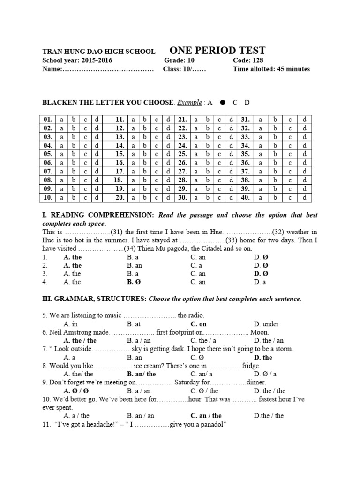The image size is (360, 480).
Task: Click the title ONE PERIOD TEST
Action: [x=217, y=51]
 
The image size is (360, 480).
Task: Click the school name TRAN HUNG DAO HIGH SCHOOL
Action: [x=99, y=52]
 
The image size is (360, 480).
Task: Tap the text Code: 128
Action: [x=248, y=60]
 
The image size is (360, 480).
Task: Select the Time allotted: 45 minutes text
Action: [x=271, y=69]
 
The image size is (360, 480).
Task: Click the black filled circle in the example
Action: [x=223, y=102]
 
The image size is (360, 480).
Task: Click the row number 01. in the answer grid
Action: [x=48, y=120]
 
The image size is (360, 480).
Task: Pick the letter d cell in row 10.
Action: [x=97, y=197]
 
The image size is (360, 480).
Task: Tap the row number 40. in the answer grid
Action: [x=245, y=197]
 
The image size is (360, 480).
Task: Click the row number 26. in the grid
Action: [x=182, y=162]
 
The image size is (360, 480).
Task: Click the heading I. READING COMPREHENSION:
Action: [x=98, y=215]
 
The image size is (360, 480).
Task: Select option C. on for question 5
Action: [x=198, y=324]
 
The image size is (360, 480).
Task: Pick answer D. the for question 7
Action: [x=263, y=357]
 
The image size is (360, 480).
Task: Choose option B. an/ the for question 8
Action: [x=142, y=374]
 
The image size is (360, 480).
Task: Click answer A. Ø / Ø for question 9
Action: [x=76, y=390]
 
